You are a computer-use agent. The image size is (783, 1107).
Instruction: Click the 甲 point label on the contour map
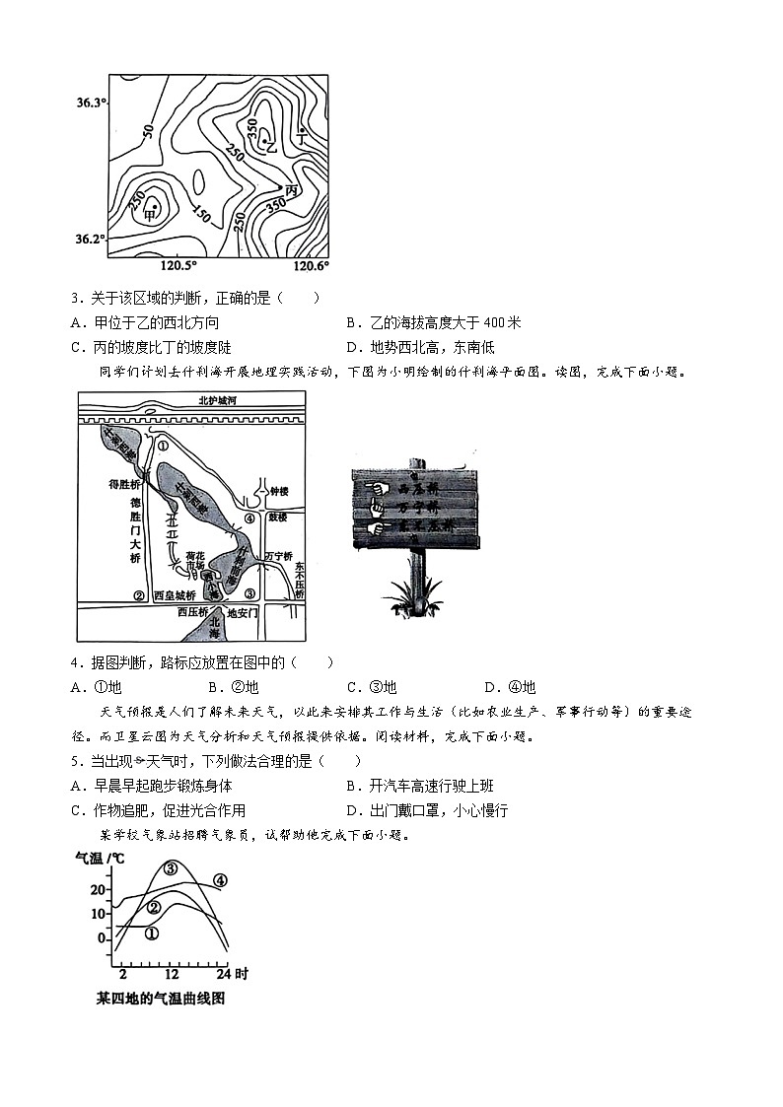click(151, 213)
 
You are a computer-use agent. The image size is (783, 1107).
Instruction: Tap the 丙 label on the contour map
click(291, 189)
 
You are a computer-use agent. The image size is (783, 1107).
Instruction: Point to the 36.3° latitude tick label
click(90, 103)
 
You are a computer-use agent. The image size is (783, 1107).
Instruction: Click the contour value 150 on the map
click(201, 213)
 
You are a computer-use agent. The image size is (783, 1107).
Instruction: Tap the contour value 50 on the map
click(148, 131)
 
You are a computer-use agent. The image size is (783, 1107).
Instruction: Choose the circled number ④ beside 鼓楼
click(250, 518)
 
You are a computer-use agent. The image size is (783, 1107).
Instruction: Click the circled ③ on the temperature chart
click(171, 868)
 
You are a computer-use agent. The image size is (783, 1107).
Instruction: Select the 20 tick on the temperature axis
click(98, 889)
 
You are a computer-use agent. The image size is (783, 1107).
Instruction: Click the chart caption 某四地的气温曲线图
click(161, 999)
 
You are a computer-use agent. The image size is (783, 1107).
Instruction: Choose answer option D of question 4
click(510, 687)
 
